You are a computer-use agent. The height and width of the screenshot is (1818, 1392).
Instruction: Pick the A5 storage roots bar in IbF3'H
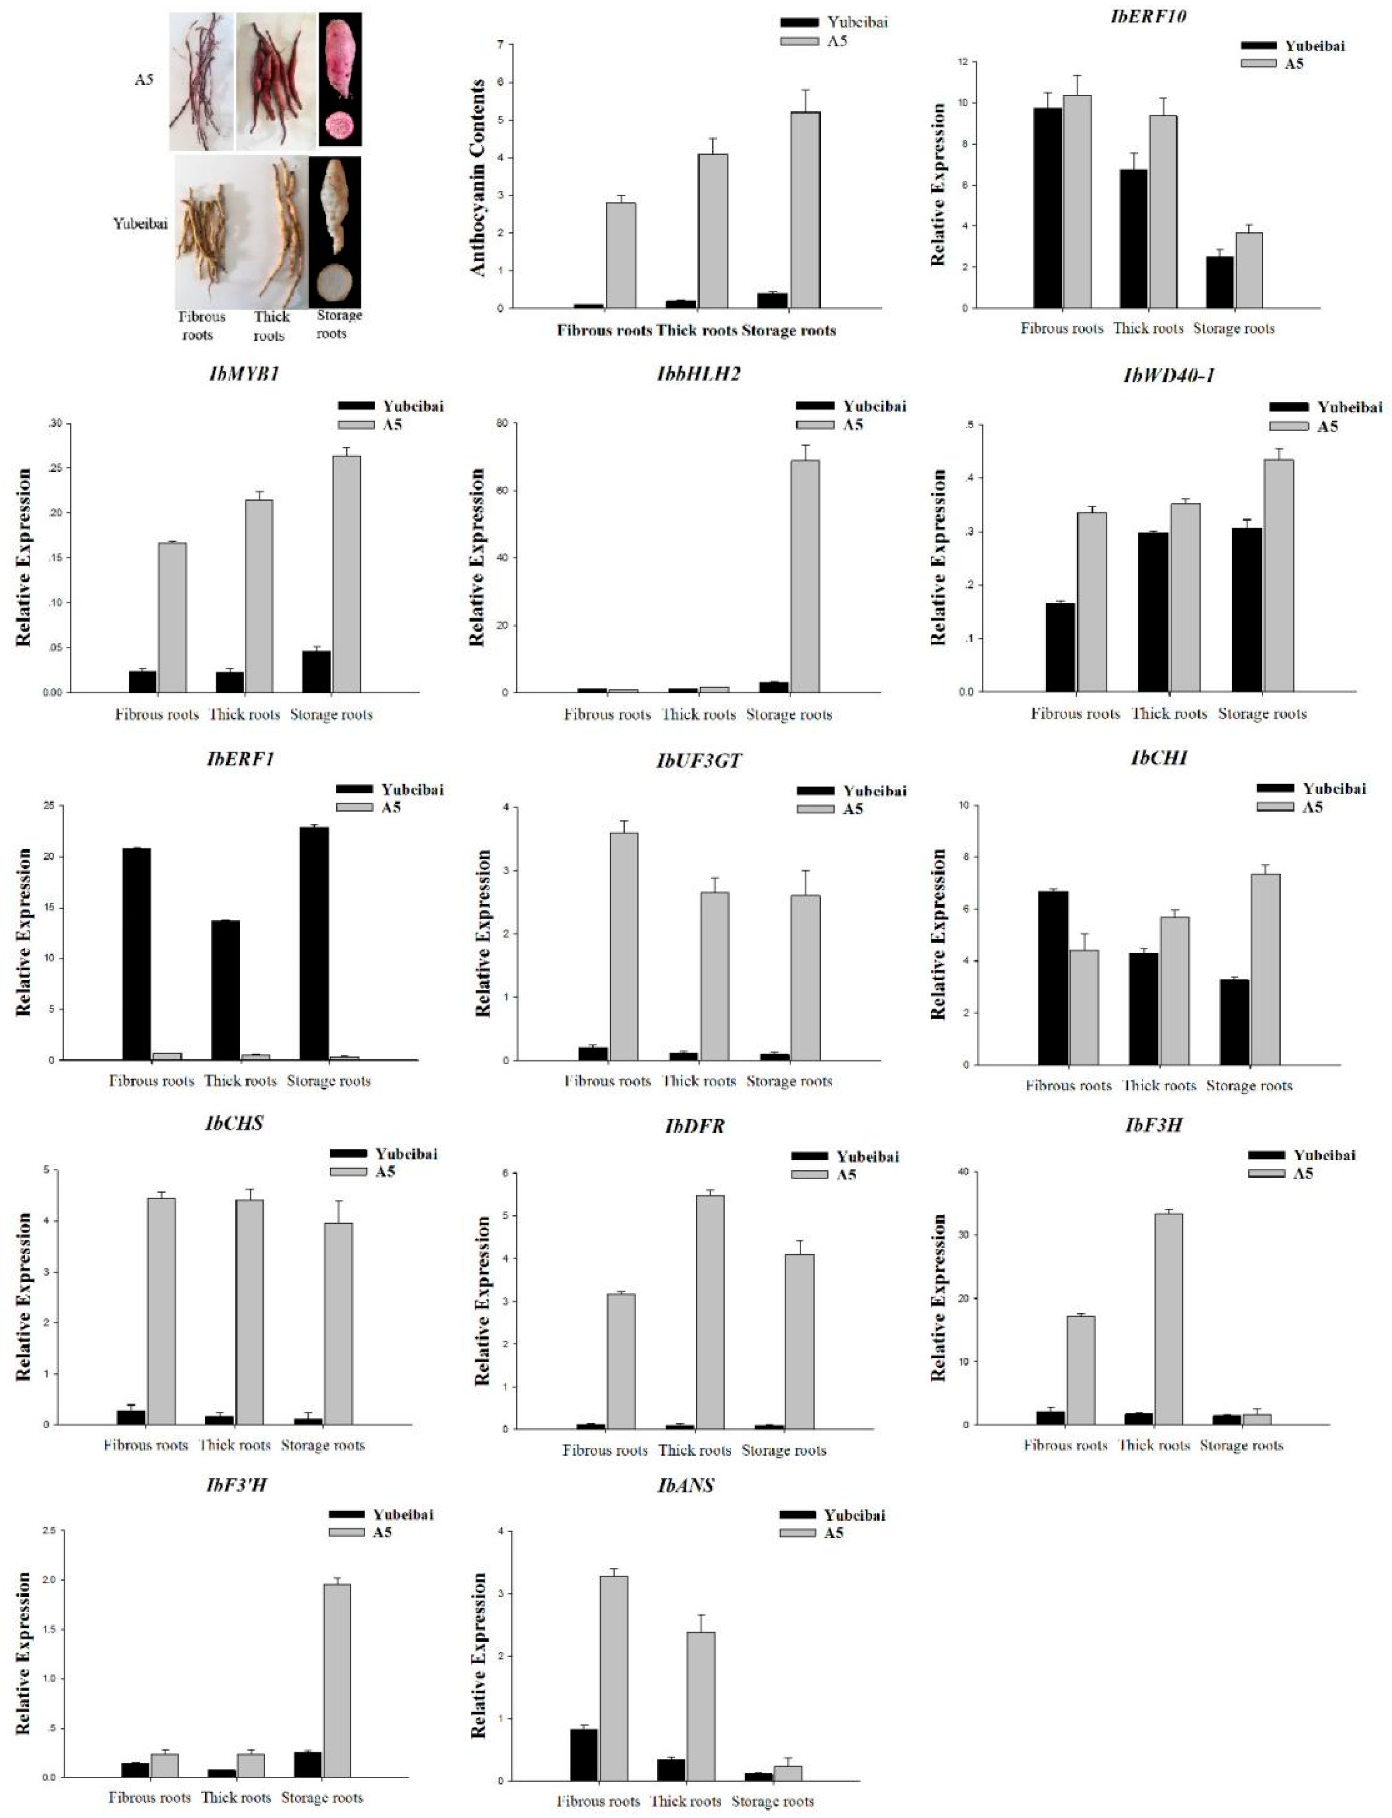336,1680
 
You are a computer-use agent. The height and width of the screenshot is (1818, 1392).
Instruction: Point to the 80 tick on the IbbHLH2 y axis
502,423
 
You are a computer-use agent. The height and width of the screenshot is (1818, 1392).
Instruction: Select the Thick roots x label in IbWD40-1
1168,714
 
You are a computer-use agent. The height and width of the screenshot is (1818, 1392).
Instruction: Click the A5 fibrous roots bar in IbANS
614,1678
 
